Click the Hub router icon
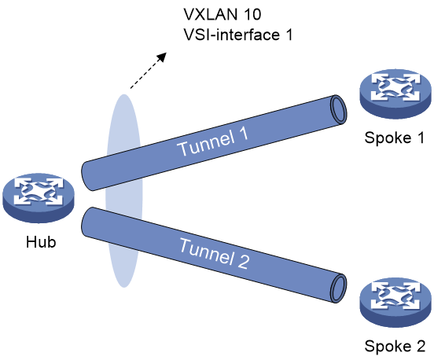click(39, 198)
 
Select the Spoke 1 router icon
click(395, 94)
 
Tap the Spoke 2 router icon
click(395, 303)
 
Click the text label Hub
click(41, 242)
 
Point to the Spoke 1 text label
click(395, 138)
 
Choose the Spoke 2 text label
click(395, 346)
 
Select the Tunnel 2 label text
click(215, 254)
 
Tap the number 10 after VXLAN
click(252, 14)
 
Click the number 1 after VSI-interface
click(289, 35)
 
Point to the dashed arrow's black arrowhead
click(162, 57)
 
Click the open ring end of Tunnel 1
click(338, 109)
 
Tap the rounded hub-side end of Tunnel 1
click(86, 176)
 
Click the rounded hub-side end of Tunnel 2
click(86, 222)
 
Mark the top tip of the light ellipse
click(124, 94)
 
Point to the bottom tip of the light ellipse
click(124, 287)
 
